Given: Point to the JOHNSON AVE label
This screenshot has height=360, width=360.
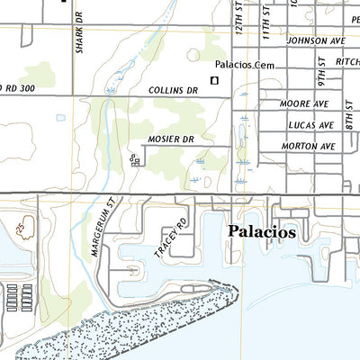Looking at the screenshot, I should coord(316,40).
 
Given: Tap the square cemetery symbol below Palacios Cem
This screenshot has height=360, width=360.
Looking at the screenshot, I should coord(214,81).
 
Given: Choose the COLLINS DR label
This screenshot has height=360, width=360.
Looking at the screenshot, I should coord(173,91).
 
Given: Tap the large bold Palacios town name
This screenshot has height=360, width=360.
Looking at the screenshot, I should coord(261,231).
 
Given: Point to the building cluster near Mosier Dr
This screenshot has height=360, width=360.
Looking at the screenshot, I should coord(135,160).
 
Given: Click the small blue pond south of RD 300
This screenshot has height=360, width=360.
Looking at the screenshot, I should coord(60,118).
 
